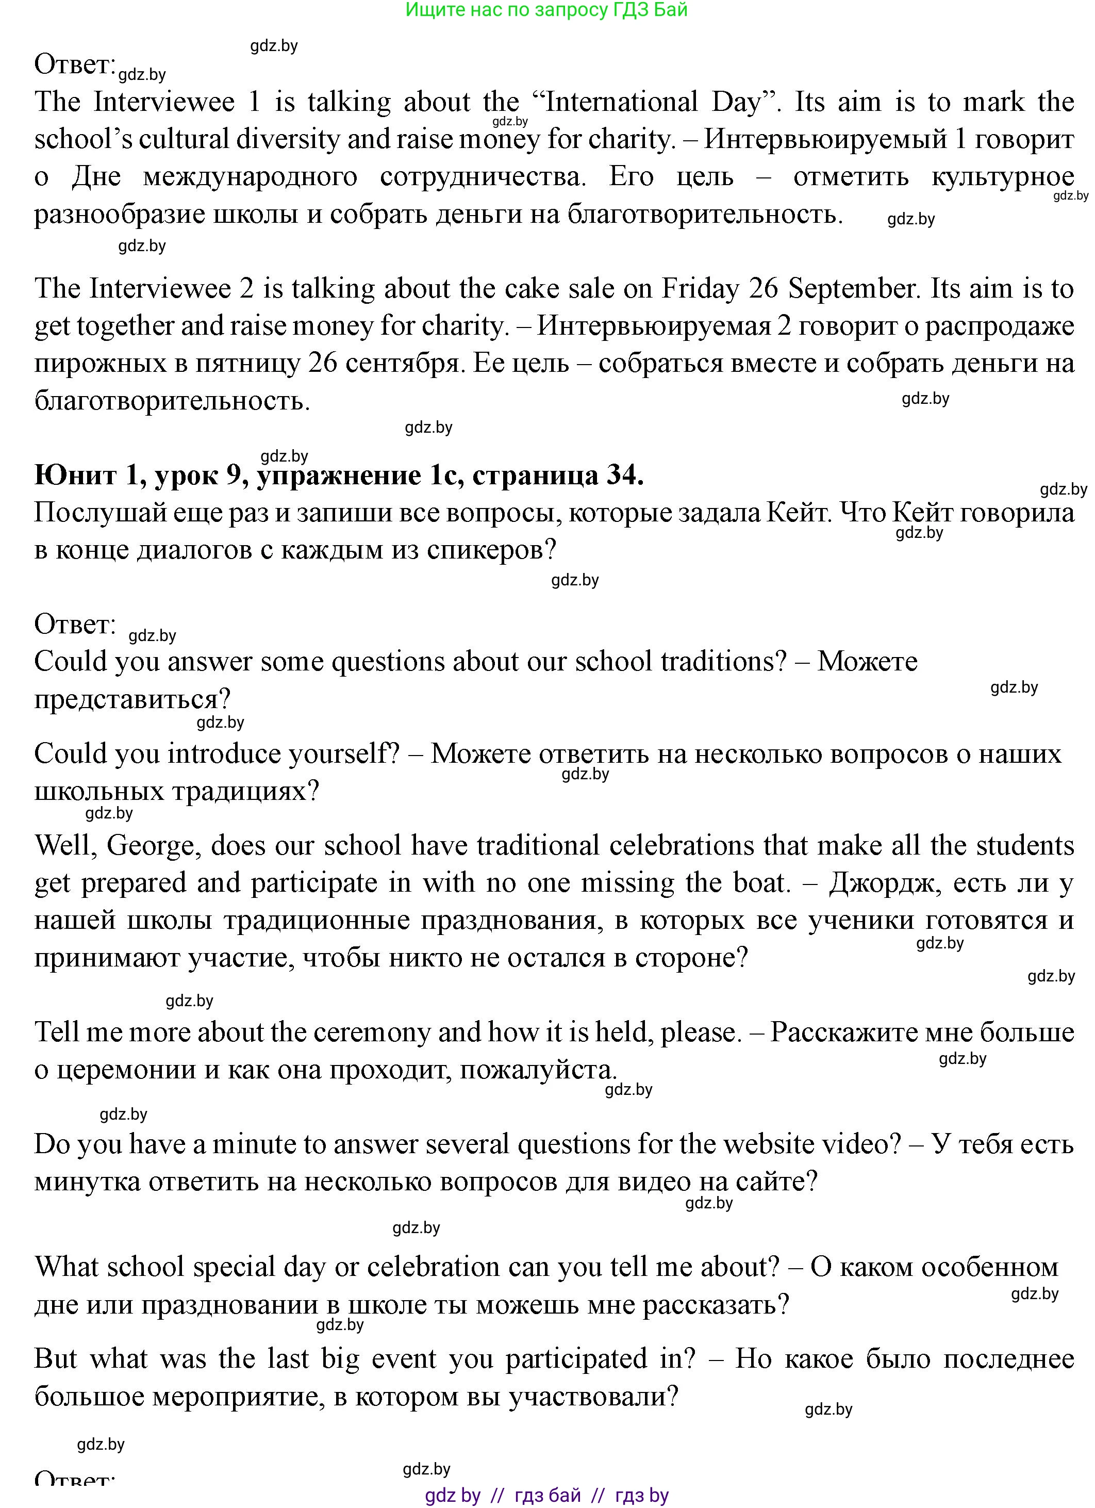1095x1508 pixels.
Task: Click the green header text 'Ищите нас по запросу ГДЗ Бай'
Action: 546,10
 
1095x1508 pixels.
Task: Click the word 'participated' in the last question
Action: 576,1358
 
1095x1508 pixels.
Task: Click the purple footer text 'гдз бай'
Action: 547,1496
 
